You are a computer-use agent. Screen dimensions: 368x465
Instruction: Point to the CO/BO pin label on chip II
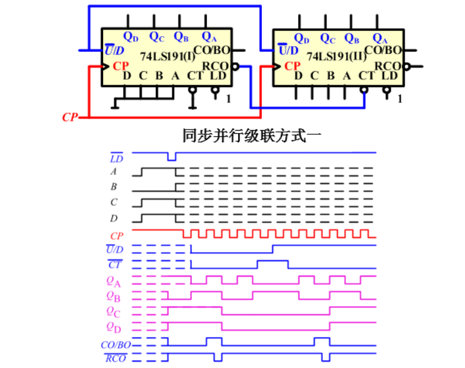[383, 50]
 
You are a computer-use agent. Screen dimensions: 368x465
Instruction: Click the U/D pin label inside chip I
[114, 50]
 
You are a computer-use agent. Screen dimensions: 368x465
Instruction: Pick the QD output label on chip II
[301, 39]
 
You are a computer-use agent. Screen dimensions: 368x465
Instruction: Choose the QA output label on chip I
[209, 37]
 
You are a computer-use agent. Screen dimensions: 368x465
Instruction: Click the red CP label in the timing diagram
[117, 235]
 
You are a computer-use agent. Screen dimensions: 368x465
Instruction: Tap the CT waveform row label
[115, 265]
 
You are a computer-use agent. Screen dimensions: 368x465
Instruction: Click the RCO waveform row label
[115, 358]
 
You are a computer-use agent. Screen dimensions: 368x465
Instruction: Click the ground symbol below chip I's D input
[114, 107]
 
